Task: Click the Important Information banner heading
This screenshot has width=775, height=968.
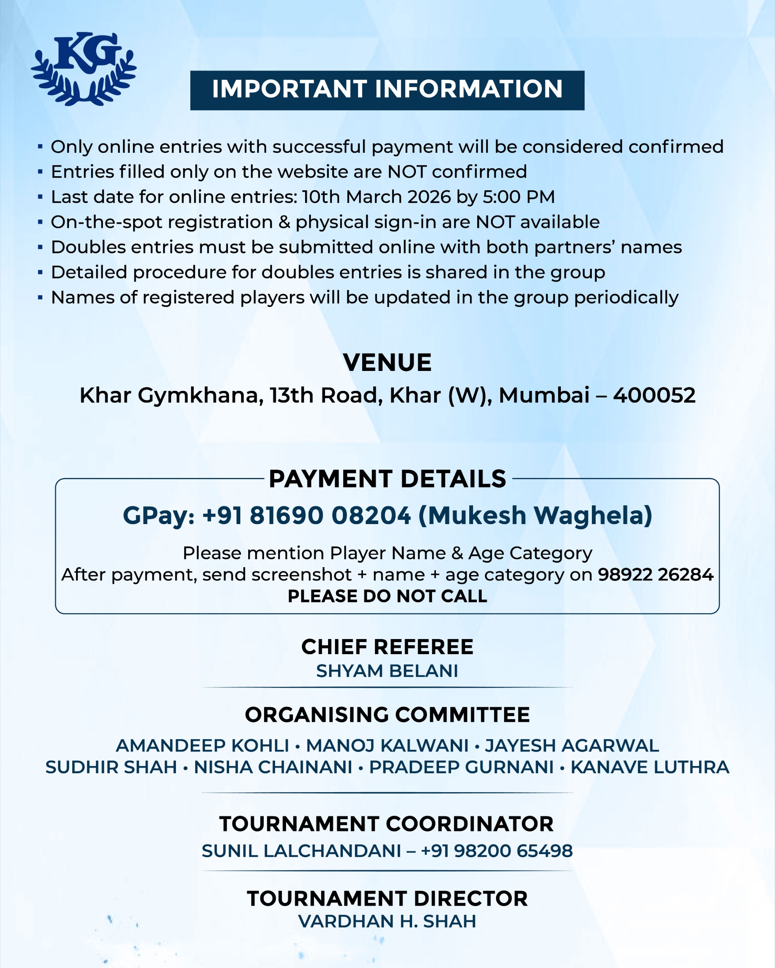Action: pos(387,89)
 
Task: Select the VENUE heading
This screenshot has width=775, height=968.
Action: pos(387,362)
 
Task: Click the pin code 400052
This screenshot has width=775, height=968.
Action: pos(654,396)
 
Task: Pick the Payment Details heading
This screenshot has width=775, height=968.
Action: pos(387,479)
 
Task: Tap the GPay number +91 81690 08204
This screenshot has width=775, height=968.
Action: pos(307,515)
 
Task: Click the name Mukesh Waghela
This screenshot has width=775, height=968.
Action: pos(535,515)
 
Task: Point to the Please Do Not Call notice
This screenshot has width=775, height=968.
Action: pos(387,596)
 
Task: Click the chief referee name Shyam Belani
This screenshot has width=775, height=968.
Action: pos(387,671)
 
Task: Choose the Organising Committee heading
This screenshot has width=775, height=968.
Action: pos(387,715)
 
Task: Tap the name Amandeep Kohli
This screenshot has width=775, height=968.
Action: pos(202,746)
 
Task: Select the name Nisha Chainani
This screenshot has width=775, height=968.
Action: pos(273,767)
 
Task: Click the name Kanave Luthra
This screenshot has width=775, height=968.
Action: pos(650,767)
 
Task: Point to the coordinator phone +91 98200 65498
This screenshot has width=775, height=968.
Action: pos(496,851)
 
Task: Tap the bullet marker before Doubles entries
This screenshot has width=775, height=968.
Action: pos(40,247)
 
